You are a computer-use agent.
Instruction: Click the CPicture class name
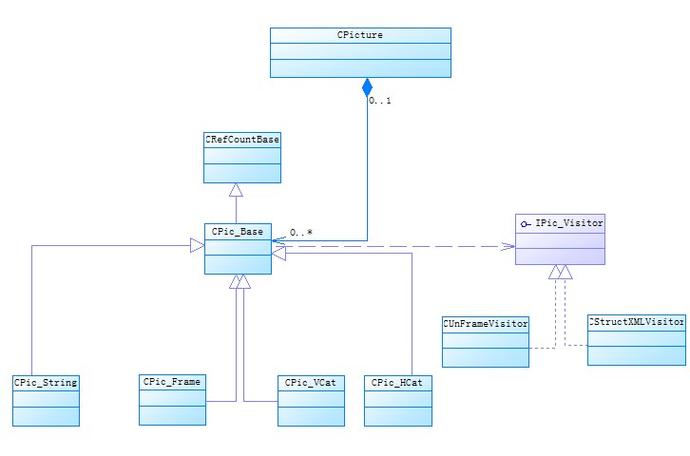coord(360,35)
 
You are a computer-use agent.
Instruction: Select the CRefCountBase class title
coord(242,140)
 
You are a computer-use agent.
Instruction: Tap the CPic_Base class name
coord(237,232)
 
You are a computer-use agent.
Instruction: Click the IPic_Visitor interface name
coord(569,223)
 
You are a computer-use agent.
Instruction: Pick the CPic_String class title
coord(46,382)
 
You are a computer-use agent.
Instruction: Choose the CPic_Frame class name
coord(172,382)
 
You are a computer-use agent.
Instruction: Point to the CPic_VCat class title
coord(310,382)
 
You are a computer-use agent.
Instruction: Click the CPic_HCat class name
coord(397,382)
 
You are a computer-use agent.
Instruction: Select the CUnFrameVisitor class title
coord(485,324)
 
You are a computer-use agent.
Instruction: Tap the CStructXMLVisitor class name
coord(636,322)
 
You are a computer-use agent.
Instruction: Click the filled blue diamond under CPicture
coord(367,88)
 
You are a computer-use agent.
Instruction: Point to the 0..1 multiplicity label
coord(380,101)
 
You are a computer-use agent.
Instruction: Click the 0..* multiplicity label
coord(301,232)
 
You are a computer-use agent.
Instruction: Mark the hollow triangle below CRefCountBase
coord(236,190)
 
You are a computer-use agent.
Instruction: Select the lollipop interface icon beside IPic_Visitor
coord(525,224)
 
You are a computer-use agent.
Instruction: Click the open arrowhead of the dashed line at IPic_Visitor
coord(509,246)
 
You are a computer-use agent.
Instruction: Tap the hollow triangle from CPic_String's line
coord(197,245)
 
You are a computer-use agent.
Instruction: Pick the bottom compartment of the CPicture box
coord(360,68)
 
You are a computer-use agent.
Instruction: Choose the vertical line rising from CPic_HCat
coord(412,314)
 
